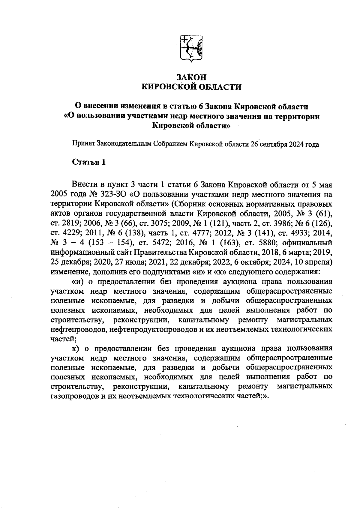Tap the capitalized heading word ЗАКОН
pos(191,77)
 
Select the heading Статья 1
pos(89,162)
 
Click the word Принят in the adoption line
pos(83,144)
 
